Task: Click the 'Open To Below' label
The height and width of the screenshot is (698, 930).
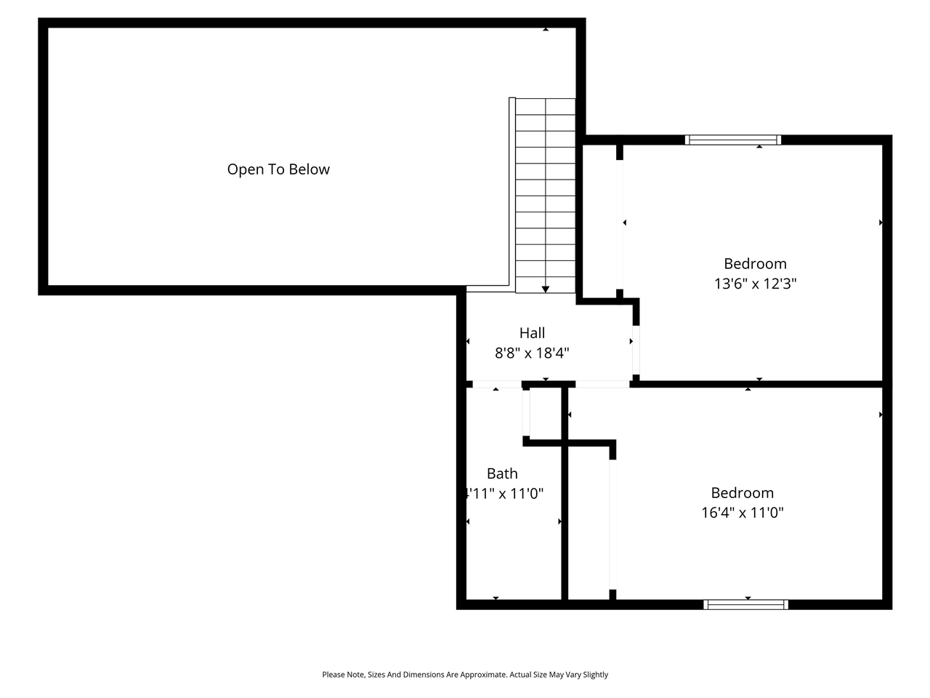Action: pyautogui.click(x=278, y=169)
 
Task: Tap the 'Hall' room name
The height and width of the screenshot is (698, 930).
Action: pyautogui.click(x=532, y=333)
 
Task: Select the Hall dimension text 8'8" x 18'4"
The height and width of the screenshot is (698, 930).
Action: pyautogui.click(x=532, y=353)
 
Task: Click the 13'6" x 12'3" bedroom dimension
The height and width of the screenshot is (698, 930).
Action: pyautogui.click(x=755, y=284)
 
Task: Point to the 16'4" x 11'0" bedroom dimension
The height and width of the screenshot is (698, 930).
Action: pyautogui.click(x=742, y=513)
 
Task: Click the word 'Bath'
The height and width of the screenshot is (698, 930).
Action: pyautogui.click(x=502, y=473)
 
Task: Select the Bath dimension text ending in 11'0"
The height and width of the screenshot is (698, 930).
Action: pyautogui.click(x=504, y=494)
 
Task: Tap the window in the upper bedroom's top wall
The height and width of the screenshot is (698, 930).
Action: pyautogui.click(x=733, y=140)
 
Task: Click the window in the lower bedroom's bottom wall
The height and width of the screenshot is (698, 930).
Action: pyautogui.click(x=745, y=604)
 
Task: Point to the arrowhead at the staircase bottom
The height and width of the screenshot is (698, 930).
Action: pyautogui.click(x=546, y=289)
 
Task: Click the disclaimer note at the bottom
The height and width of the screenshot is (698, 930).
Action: pyautogui.click(x=465, y=675)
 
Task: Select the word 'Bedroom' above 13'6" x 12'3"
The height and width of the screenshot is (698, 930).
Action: pyautogui.click(x=755, y=263)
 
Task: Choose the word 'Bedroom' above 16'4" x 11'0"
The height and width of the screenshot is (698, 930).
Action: pyautogui.click(x=742, y=492)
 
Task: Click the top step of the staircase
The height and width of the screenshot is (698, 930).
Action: pyautogui.click(x=545, y=106)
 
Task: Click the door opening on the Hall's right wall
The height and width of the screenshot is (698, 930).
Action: pyautogui.click(x=635, y=350)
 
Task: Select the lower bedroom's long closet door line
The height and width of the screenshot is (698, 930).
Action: pyautogui.click(x=612, y=523)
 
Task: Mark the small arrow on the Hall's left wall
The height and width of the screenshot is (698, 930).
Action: pyautogui.click(x=468, y=342)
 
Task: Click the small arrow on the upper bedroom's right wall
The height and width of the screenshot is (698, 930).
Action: pyautogui.click(x=881, y=222)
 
